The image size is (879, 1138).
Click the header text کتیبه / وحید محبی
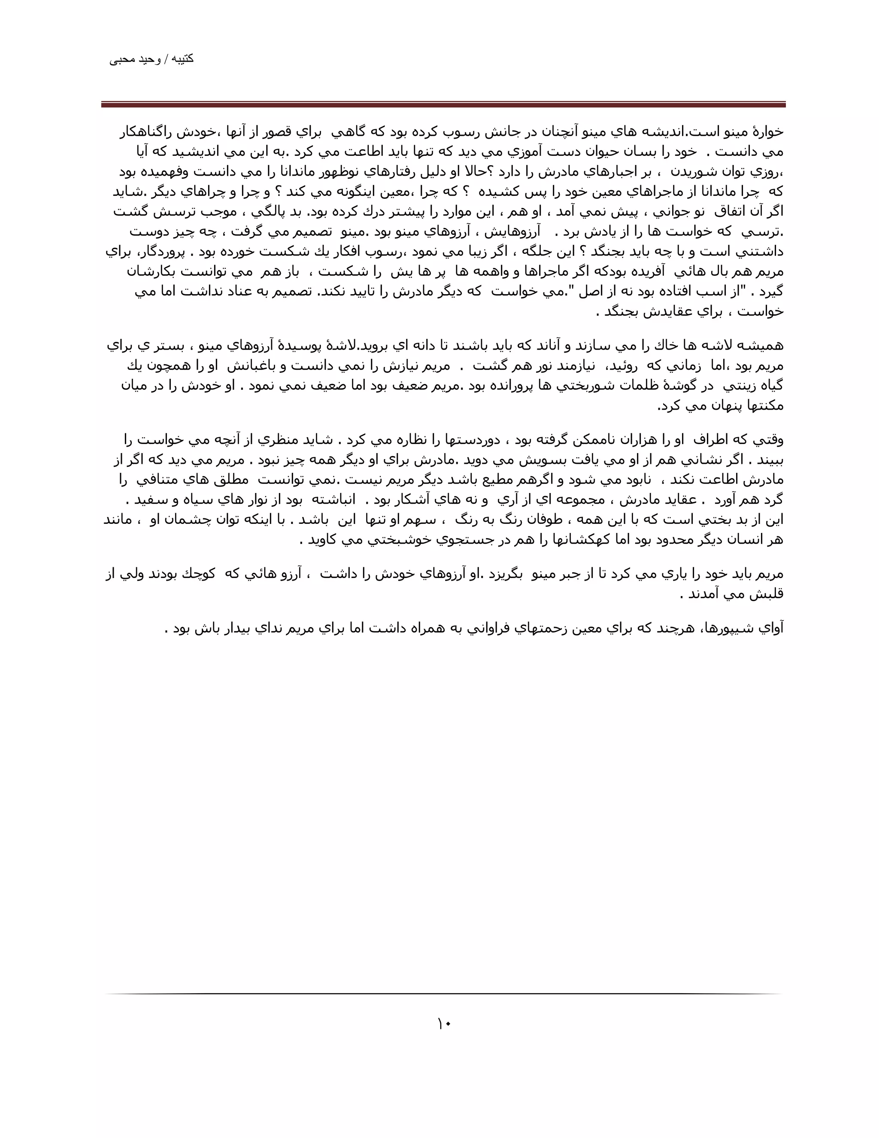tap(152, 59)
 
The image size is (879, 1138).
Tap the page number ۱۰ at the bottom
tap(444, 1024)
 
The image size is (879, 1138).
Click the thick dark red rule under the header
tap(443, 105)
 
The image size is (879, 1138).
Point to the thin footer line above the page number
tap(443, 994)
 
